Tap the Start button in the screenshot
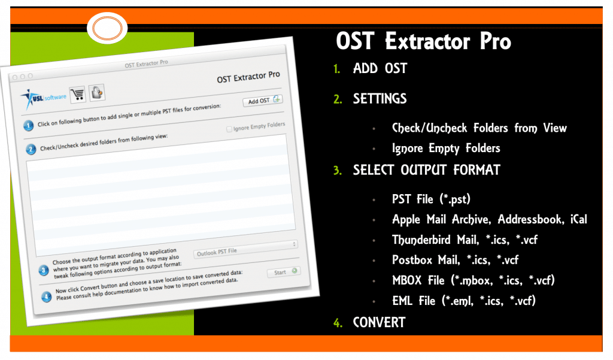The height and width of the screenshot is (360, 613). coord(283,272)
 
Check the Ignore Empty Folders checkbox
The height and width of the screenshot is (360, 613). coord(230,128)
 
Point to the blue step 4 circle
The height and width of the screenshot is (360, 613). coord(45,295)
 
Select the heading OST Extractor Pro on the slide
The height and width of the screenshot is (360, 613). coord(423,41)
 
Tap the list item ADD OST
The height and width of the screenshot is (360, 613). coord(380,68)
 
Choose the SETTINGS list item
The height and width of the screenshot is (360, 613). coord(380,98)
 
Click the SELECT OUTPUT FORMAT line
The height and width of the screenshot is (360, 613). coord(426,170)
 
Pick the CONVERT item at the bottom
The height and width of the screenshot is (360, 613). coord(379,322)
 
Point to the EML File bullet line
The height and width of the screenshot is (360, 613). coord(463,301)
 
